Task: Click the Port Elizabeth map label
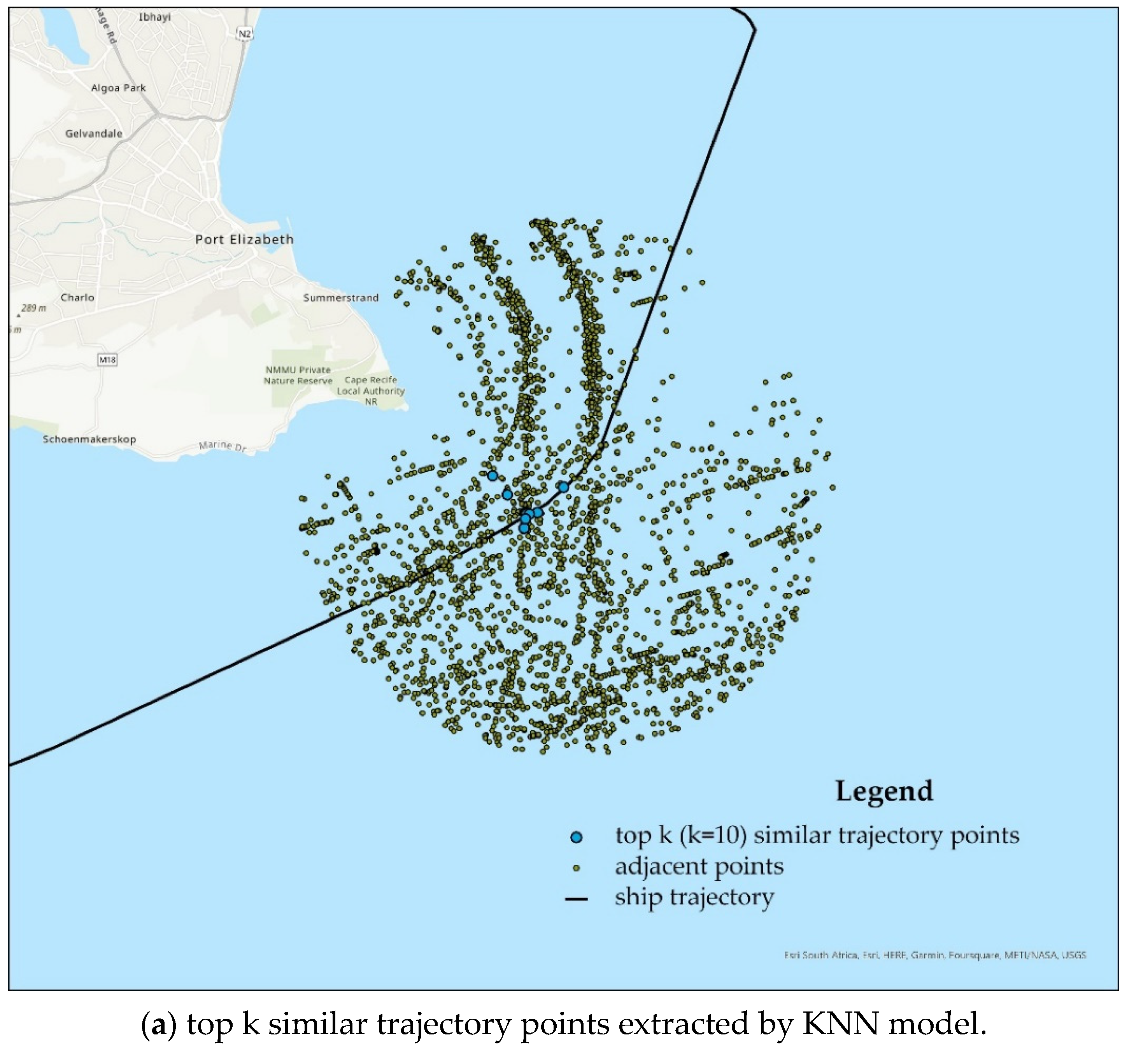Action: coord(244,239)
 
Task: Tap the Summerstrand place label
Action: coord(341,298)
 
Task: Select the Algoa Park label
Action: coord(119,88)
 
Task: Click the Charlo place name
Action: coord(78,297)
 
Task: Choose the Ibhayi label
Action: coord(155,17)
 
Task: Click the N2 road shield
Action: coord(244,34)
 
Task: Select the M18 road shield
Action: coord(107,360)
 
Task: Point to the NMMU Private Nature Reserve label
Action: coord(298,375)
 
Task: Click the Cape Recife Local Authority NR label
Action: coord(371,391)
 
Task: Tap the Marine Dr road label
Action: coord(223,446)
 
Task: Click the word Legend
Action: coord(884,791)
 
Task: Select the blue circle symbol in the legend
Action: coord(577,837)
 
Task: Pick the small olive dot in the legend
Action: coord(577,868)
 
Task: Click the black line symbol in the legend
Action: coord(577,899)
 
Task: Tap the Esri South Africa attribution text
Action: coord(935,955)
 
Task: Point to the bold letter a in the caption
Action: coord(159,1025)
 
